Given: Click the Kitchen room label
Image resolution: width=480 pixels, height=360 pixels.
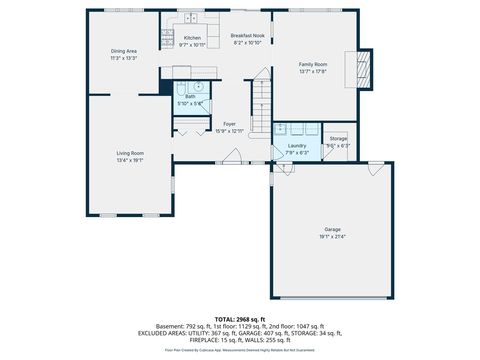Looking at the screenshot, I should [192, 38].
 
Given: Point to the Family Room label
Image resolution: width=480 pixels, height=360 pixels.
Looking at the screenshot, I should [313, 64].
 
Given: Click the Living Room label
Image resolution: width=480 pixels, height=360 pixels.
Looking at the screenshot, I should [130, 153].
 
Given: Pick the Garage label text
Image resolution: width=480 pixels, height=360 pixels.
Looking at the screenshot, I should [332, 229].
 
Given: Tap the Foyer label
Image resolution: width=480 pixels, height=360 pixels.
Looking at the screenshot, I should [229, 124].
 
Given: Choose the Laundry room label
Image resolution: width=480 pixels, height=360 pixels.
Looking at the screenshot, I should [297, 145].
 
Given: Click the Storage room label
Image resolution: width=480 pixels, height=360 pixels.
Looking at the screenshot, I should [338, 138].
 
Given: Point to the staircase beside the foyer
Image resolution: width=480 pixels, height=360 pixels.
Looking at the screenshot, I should [260, 96].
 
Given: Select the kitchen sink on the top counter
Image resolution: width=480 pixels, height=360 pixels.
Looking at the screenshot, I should [188, 17].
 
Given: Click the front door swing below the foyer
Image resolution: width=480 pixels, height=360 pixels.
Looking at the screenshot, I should [231, 154].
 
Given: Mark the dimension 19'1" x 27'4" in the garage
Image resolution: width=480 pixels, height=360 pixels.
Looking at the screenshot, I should [332, 237].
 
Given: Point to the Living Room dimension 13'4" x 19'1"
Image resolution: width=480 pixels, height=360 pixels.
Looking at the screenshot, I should [130, 160].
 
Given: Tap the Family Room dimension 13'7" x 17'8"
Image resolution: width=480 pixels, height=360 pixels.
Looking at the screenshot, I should [313, 71].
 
